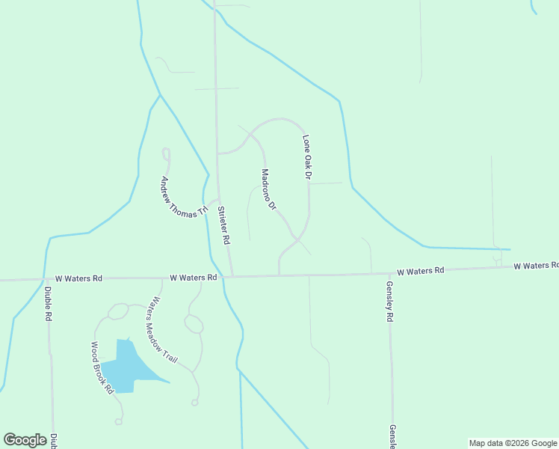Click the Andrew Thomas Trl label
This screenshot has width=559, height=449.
point(183,197)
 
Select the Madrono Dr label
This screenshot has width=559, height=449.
point(269,189)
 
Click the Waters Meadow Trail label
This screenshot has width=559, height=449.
point(162,332)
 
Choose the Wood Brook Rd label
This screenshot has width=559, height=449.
point(102,368)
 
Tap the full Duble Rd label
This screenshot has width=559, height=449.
point(47,305)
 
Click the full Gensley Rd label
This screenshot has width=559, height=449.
point(389,301)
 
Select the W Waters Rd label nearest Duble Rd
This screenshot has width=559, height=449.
point(78,278)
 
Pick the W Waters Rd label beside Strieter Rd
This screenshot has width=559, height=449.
point(193,277)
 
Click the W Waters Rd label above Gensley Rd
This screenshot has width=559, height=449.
point(420,270)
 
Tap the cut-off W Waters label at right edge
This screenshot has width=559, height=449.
point(536,266)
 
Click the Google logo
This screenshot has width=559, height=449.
point(25,440)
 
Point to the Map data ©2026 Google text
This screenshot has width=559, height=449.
point(513,443)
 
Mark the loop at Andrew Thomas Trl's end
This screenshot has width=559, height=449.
point(166,155)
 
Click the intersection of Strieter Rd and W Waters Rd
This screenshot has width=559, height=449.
point(232,276)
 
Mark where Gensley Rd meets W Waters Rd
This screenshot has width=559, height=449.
point(389,273)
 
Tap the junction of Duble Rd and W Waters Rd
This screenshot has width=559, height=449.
point(46,279)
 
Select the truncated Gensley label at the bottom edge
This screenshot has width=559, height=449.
point(392,436)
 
